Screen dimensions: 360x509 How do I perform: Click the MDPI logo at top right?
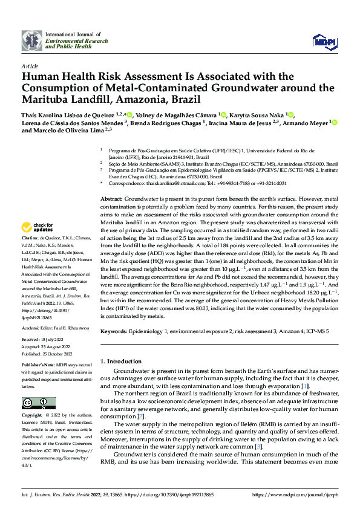[321, 41]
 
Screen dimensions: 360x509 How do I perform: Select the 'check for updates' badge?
[37, 227]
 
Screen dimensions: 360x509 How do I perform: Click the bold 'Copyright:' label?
[33, 416]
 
